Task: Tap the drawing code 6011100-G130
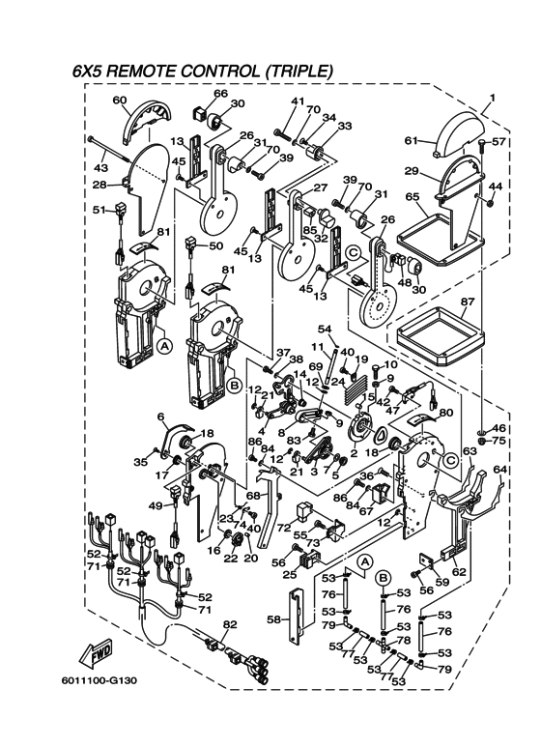tap(100, 680)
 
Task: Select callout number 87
tap(468, 302)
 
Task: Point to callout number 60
tap(120, 101)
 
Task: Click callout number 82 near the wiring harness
tap(230, 624)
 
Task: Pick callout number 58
tap(273, 619)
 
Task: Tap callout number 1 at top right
tap(493, 98)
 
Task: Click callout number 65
tap(413, 196)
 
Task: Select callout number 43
tap(101, 168)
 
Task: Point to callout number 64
tap(499, 471)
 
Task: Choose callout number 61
tap(412, 140)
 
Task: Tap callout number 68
tap(253, 496)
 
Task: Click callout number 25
tap(290, 576)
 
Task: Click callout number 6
tap(161, 417)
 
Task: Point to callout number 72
tap(284, 528)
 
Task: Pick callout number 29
tap(412, 171)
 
